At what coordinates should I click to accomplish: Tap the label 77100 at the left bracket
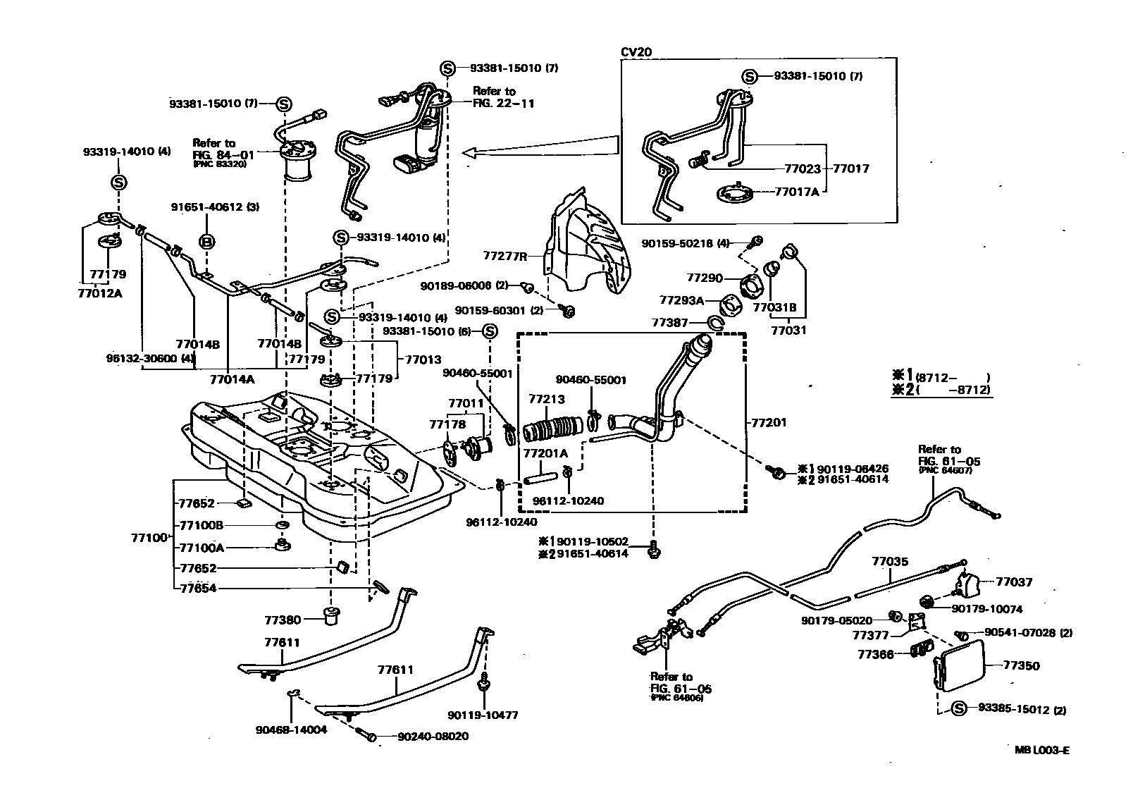coord(148,538)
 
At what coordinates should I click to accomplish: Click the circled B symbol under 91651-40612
coord(207,242)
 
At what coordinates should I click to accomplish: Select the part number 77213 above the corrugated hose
coord(547,400)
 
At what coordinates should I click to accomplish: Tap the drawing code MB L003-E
coord(1041,751)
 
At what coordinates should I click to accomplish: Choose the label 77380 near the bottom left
coord(283,620)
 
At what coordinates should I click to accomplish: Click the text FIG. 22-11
coord(503,103)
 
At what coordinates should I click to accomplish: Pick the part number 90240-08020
coord(433,736)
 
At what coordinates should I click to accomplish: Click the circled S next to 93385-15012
coord(958,709)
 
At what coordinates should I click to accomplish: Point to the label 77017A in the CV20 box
coord(797,191)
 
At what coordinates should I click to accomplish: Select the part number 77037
coord(1014,582)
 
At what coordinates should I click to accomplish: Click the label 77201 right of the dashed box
coord(768,422)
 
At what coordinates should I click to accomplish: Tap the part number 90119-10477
coord(485,715)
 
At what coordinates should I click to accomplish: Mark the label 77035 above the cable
coord(890,562)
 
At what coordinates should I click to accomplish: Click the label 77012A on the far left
coord(99,293)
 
